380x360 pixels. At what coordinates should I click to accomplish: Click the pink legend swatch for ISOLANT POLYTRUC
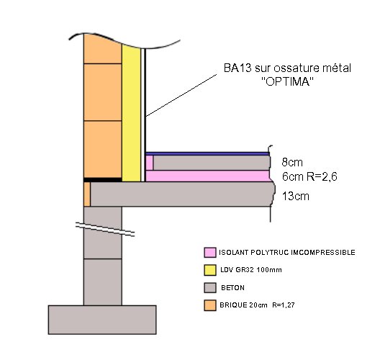(210, 253)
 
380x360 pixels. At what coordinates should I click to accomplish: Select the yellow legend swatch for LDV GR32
(210, 270)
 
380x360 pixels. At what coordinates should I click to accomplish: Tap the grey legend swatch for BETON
(210, 288)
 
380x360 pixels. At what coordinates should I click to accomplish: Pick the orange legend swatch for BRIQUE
(210, 305)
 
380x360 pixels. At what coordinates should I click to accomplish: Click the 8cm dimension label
(292, 162)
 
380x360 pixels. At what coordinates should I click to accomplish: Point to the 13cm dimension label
(296, 196)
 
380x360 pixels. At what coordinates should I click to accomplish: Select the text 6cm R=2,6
(309, 176)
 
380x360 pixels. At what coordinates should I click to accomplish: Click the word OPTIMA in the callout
(288, 82)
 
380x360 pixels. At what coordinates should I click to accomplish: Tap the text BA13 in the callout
(237, 68)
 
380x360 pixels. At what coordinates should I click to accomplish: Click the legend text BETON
(232, 288)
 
